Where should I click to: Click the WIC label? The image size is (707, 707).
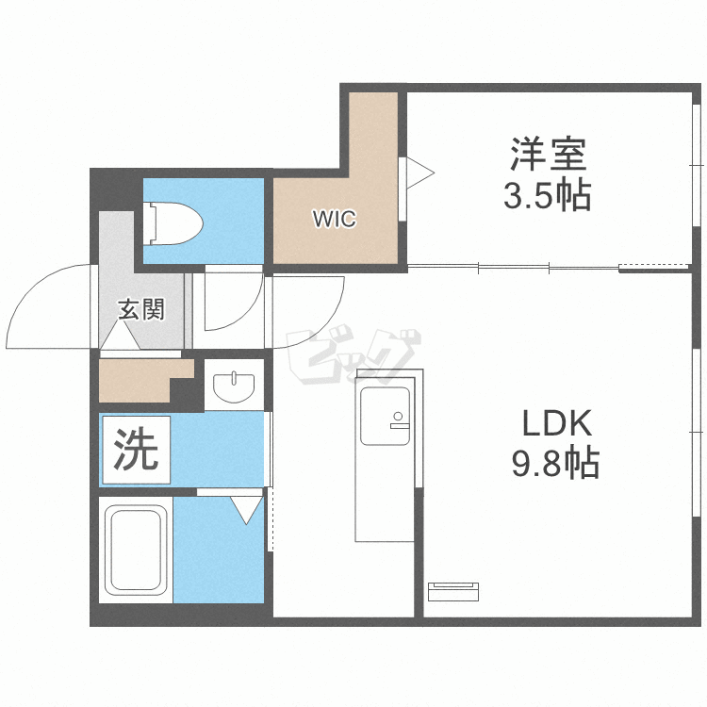335,221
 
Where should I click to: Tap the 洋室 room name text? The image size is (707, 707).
550,154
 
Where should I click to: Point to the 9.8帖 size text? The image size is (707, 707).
551,463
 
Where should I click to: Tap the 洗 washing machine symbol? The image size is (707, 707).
137,451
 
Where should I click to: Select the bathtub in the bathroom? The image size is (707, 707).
136,551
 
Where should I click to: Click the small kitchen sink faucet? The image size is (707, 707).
397,418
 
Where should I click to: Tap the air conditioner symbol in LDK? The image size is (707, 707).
453,591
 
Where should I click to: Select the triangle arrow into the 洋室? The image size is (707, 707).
420,173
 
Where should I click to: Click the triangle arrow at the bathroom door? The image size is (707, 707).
247,509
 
